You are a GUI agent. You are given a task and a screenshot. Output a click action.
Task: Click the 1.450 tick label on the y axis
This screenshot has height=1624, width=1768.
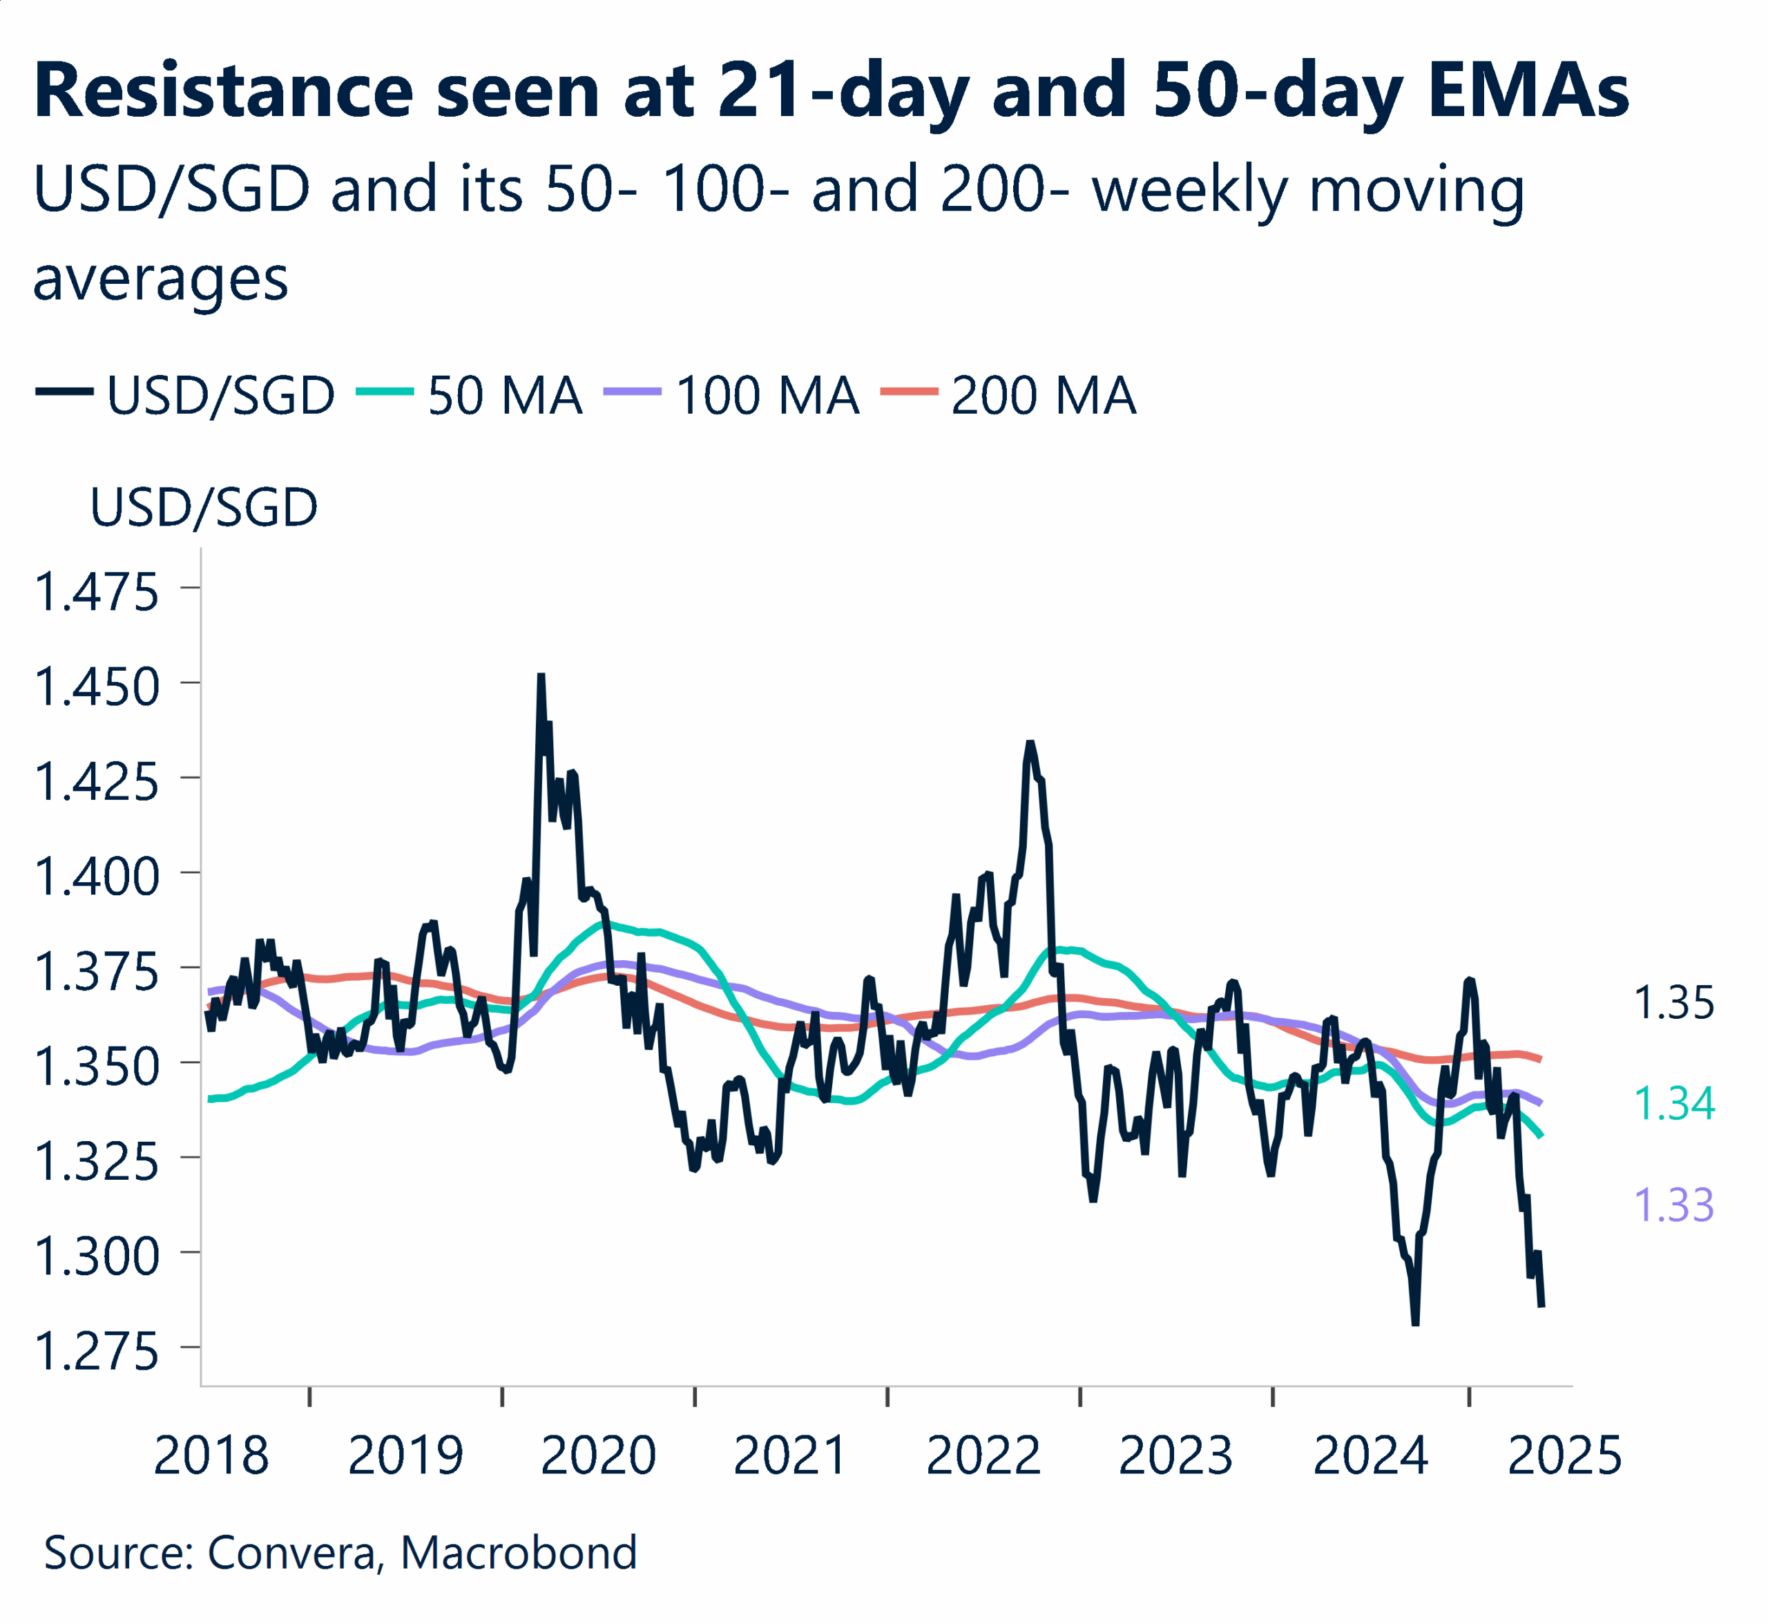pos(97,687)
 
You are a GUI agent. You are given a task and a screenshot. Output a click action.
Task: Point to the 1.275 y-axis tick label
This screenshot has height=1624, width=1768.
pos(97,1352)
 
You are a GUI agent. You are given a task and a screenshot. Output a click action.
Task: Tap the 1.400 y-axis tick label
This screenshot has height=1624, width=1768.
pos(97,877)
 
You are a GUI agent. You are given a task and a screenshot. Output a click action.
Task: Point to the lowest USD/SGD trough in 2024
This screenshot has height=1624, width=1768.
pos(1415,1323)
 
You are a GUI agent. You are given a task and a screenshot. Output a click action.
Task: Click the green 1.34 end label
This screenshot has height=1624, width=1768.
pos(1674,1104)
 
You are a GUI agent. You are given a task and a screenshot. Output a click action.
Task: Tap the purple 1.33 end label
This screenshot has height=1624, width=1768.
pos(1674,1205)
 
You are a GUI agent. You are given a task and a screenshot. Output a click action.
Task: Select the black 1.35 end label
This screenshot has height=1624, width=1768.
pos(1674,1003)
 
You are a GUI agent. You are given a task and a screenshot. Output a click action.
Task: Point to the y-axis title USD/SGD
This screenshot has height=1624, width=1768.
pos(204,508)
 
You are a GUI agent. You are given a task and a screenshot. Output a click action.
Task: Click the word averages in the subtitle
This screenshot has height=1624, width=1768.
pos(161,280)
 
